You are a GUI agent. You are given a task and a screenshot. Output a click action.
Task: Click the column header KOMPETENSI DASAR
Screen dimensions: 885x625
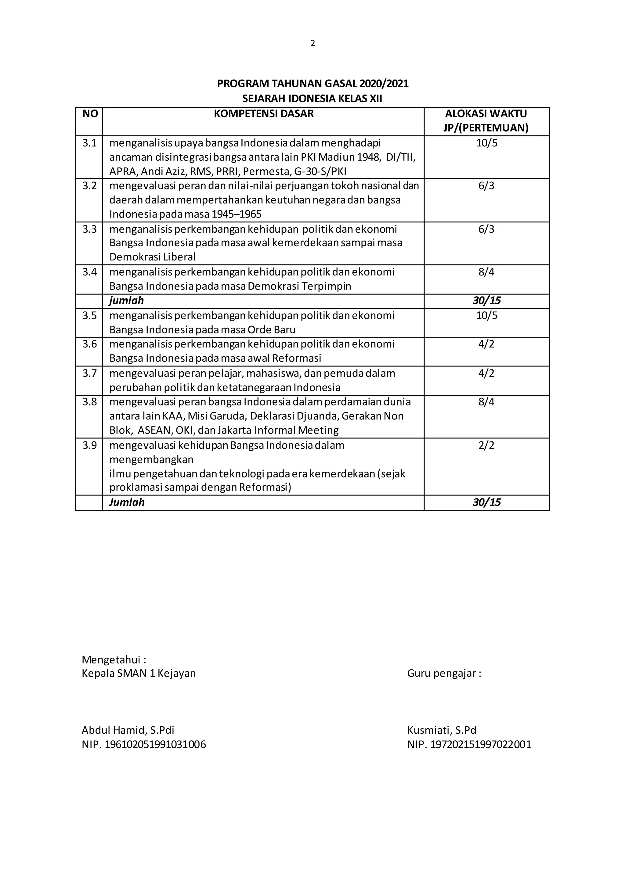264,114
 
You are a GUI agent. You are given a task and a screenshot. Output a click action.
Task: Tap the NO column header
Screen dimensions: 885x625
90,114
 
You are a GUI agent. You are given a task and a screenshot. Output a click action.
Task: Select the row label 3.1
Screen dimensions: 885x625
89,143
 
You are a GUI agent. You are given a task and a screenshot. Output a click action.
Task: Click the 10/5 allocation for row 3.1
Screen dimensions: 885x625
486,143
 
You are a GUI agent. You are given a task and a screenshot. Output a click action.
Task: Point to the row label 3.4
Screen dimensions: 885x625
89,272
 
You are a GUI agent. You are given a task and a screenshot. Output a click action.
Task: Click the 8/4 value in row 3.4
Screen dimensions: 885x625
486,272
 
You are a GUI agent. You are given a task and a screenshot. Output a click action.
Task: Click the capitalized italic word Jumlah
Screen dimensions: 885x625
127,502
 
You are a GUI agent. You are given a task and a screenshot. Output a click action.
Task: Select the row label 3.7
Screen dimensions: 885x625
89,373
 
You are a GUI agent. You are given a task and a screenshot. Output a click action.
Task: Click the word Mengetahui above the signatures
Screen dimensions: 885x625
111,660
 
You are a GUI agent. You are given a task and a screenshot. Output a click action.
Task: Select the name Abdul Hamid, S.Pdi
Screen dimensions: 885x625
128,730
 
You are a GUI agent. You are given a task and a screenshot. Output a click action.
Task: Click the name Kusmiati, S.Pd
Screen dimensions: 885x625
442,730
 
